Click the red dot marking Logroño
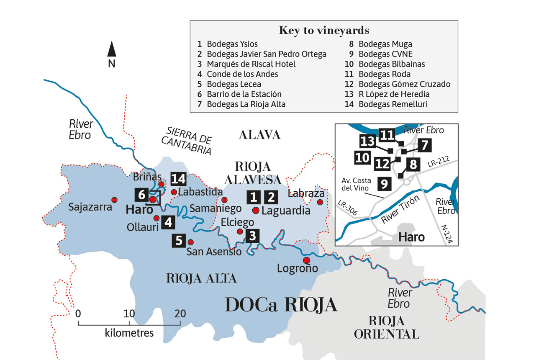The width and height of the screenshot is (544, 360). coord(306,260)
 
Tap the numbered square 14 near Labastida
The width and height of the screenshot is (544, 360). coord(178,179)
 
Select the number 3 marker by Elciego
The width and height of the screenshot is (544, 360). coord(252,236)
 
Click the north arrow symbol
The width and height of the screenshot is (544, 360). coord(112,49)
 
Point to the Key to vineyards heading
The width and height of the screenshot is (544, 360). coord(324,31)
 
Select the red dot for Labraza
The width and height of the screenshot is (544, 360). coord(320,202)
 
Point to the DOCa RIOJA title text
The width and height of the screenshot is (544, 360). coord(281,305)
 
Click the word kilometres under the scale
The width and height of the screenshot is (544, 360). coord(129,333)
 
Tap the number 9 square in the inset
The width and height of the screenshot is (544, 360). coord(385,183)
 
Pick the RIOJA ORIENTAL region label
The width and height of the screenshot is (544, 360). coord(386,327)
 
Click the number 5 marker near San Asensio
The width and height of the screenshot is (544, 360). coord(179,241)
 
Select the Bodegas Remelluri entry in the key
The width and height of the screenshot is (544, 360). coord(393,104)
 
